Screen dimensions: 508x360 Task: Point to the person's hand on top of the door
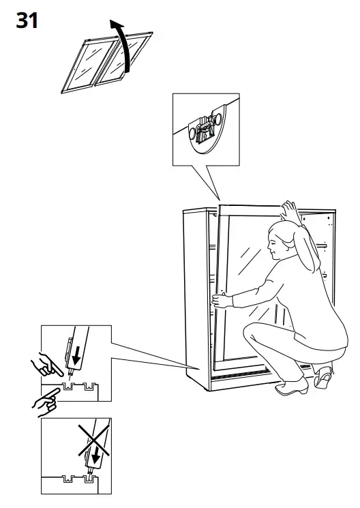coord(290,208)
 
